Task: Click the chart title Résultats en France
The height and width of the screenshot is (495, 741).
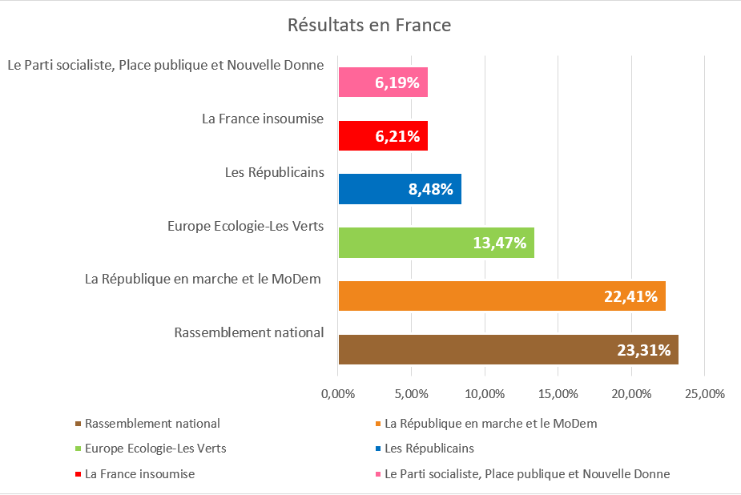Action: [369, 26]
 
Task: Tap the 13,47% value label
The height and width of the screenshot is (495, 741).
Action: [500, 243]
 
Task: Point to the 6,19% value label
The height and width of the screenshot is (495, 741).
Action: [397, 82]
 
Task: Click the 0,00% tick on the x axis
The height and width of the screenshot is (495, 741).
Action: [338, 394]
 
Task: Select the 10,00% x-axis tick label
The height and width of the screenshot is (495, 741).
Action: [485, 394]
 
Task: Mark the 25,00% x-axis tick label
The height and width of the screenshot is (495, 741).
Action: [704, 394]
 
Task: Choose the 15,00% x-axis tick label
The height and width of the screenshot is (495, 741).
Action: [558, 394]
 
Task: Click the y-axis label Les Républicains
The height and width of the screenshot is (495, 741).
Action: [274, 172]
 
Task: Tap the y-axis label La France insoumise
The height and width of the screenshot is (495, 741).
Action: [263, 119]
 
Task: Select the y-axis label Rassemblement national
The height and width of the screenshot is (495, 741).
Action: [248, 332]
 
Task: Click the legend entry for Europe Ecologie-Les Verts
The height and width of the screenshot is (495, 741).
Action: [155, 449]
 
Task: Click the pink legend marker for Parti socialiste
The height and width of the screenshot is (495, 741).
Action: [377, 474]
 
